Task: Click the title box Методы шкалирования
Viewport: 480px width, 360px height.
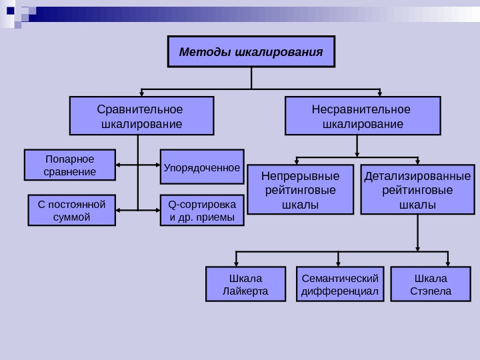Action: pyautogui.click(x=251, y=52)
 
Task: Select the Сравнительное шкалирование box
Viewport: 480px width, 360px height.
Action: pyautogui.click(x=142, y=116)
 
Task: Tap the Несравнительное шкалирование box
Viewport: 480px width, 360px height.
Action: pyautogui.click(x=363, y=116)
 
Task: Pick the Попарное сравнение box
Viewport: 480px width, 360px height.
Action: pyautogui.click(x=70, y=165)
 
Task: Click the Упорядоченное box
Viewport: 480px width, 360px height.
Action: pyautogui.click(x=202, y=165)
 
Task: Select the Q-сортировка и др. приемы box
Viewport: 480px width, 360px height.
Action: pyautogui.click(x=202, y=210)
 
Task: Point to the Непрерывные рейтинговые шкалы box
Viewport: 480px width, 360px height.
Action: pyautogui.click(x=301, y=189)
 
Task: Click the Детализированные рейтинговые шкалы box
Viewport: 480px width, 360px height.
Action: pyautogui.click(x=417, y=189)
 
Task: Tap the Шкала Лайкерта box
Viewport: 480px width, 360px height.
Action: pyautogui.click(x=245, y=284)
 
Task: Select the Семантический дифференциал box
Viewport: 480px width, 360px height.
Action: pyautogui.click(x=340, y=284)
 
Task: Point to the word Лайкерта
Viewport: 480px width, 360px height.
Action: pyautogui.click(x=245, y=291)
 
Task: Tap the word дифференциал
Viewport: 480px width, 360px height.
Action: pyautogui.click(x=340, y=291)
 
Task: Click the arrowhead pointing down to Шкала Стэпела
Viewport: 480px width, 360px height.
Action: pyautogui.click(x=448, y=263)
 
